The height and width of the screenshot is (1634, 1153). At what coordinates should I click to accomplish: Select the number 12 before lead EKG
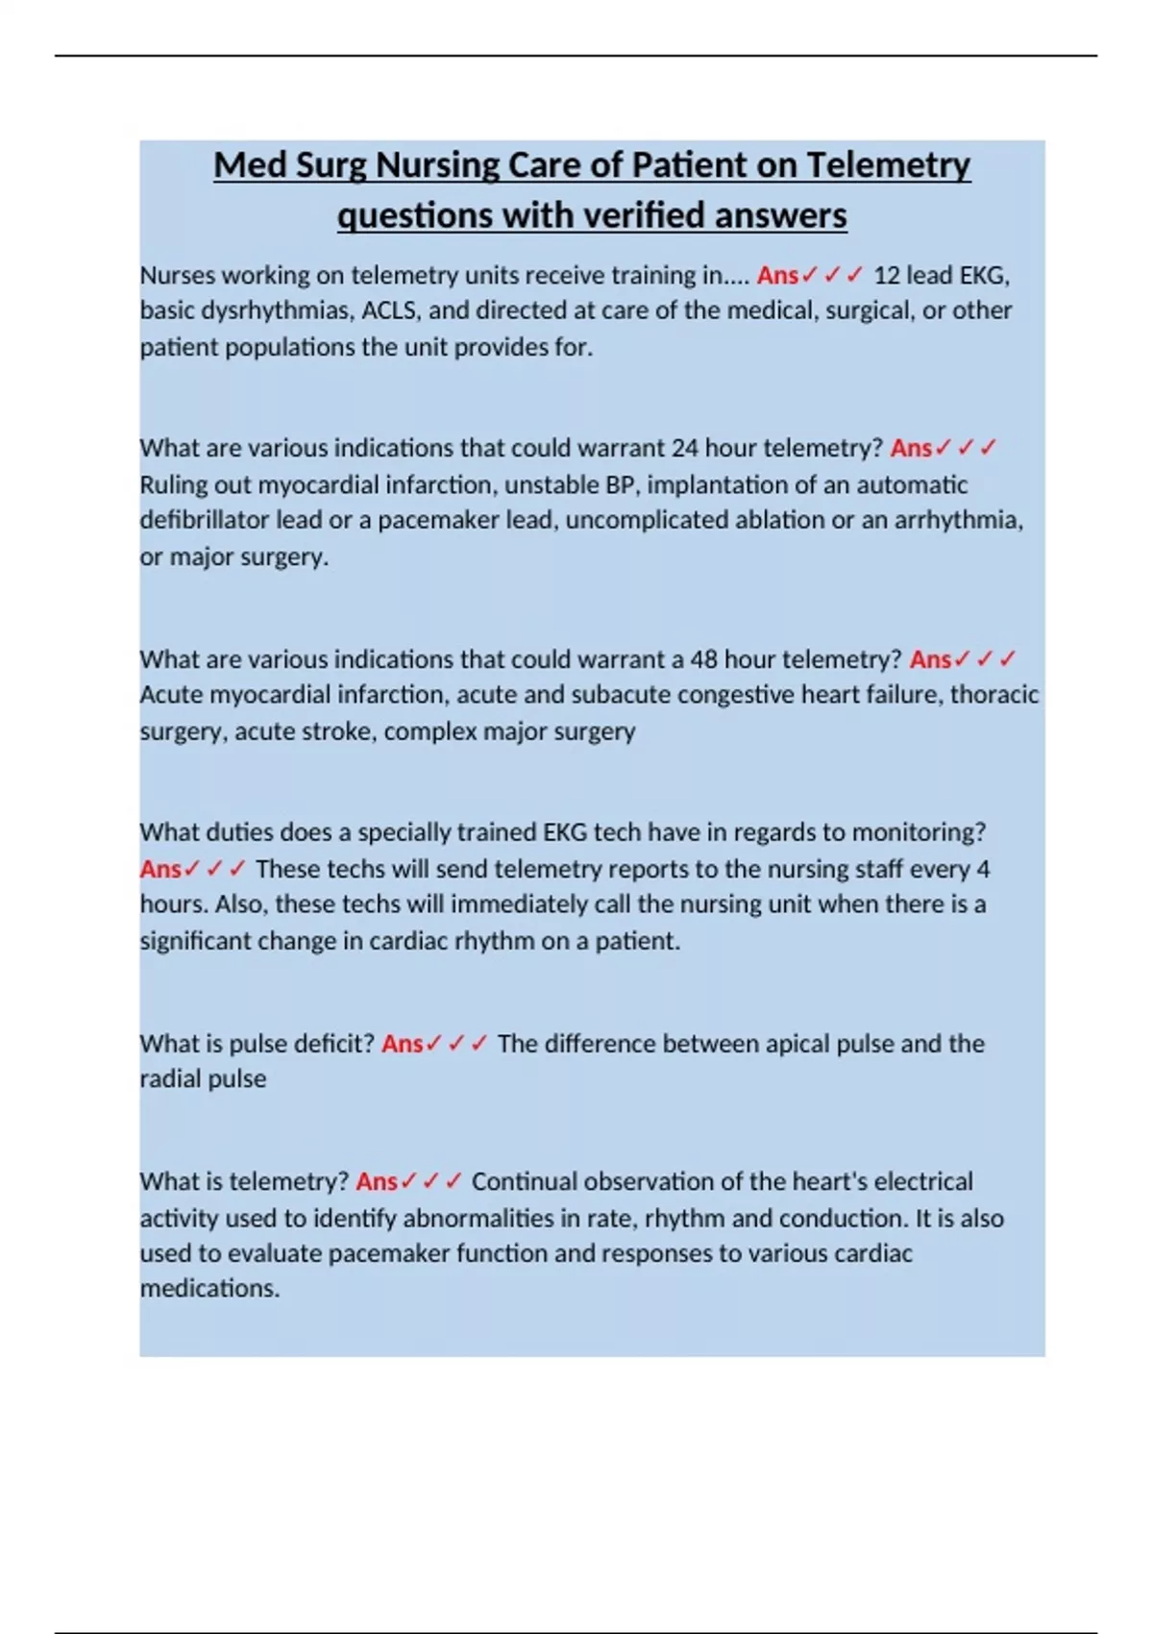pos(886,276)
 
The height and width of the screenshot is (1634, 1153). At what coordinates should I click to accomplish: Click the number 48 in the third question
pos(703,659)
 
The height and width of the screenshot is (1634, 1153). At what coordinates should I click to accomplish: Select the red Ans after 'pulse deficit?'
pos(402,1044)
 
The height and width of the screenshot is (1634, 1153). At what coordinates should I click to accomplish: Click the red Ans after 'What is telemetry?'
pos(376,1181)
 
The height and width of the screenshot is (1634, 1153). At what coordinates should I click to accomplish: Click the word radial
pos(170,1078)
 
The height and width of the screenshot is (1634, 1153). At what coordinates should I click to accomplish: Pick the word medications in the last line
pos(209,1288)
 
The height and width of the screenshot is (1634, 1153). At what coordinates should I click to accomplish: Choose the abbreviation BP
pos(621,484)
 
